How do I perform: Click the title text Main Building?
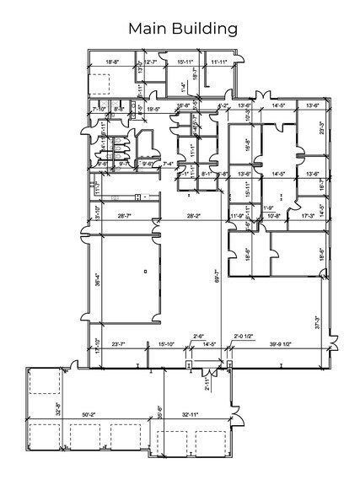pyautogui.click(x=182, y=29)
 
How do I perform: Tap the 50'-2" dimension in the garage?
pyautogui.click(x=88, y=414)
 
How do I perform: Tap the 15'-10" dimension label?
pyautogui.click(x=167, y=344)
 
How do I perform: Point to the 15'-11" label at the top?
pyautogui.click(x=185, y=62)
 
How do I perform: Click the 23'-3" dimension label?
pyautogui.click(x=321, y=131)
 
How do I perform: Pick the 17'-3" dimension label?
pyautogui.click(x=308, y=217)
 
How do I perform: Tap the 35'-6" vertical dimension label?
pyautogui.click(x=159, y=413)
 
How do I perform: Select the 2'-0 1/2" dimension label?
pyautogui.click(x=244, y=335)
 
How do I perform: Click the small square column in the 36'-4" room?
pyautogui.click(x=145, y=271)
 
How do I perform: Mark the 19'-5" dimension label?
pyautogui.click(x=153, y=109)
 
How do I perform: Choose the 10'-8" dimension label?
pyautogui.click(x=273, y=217)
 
